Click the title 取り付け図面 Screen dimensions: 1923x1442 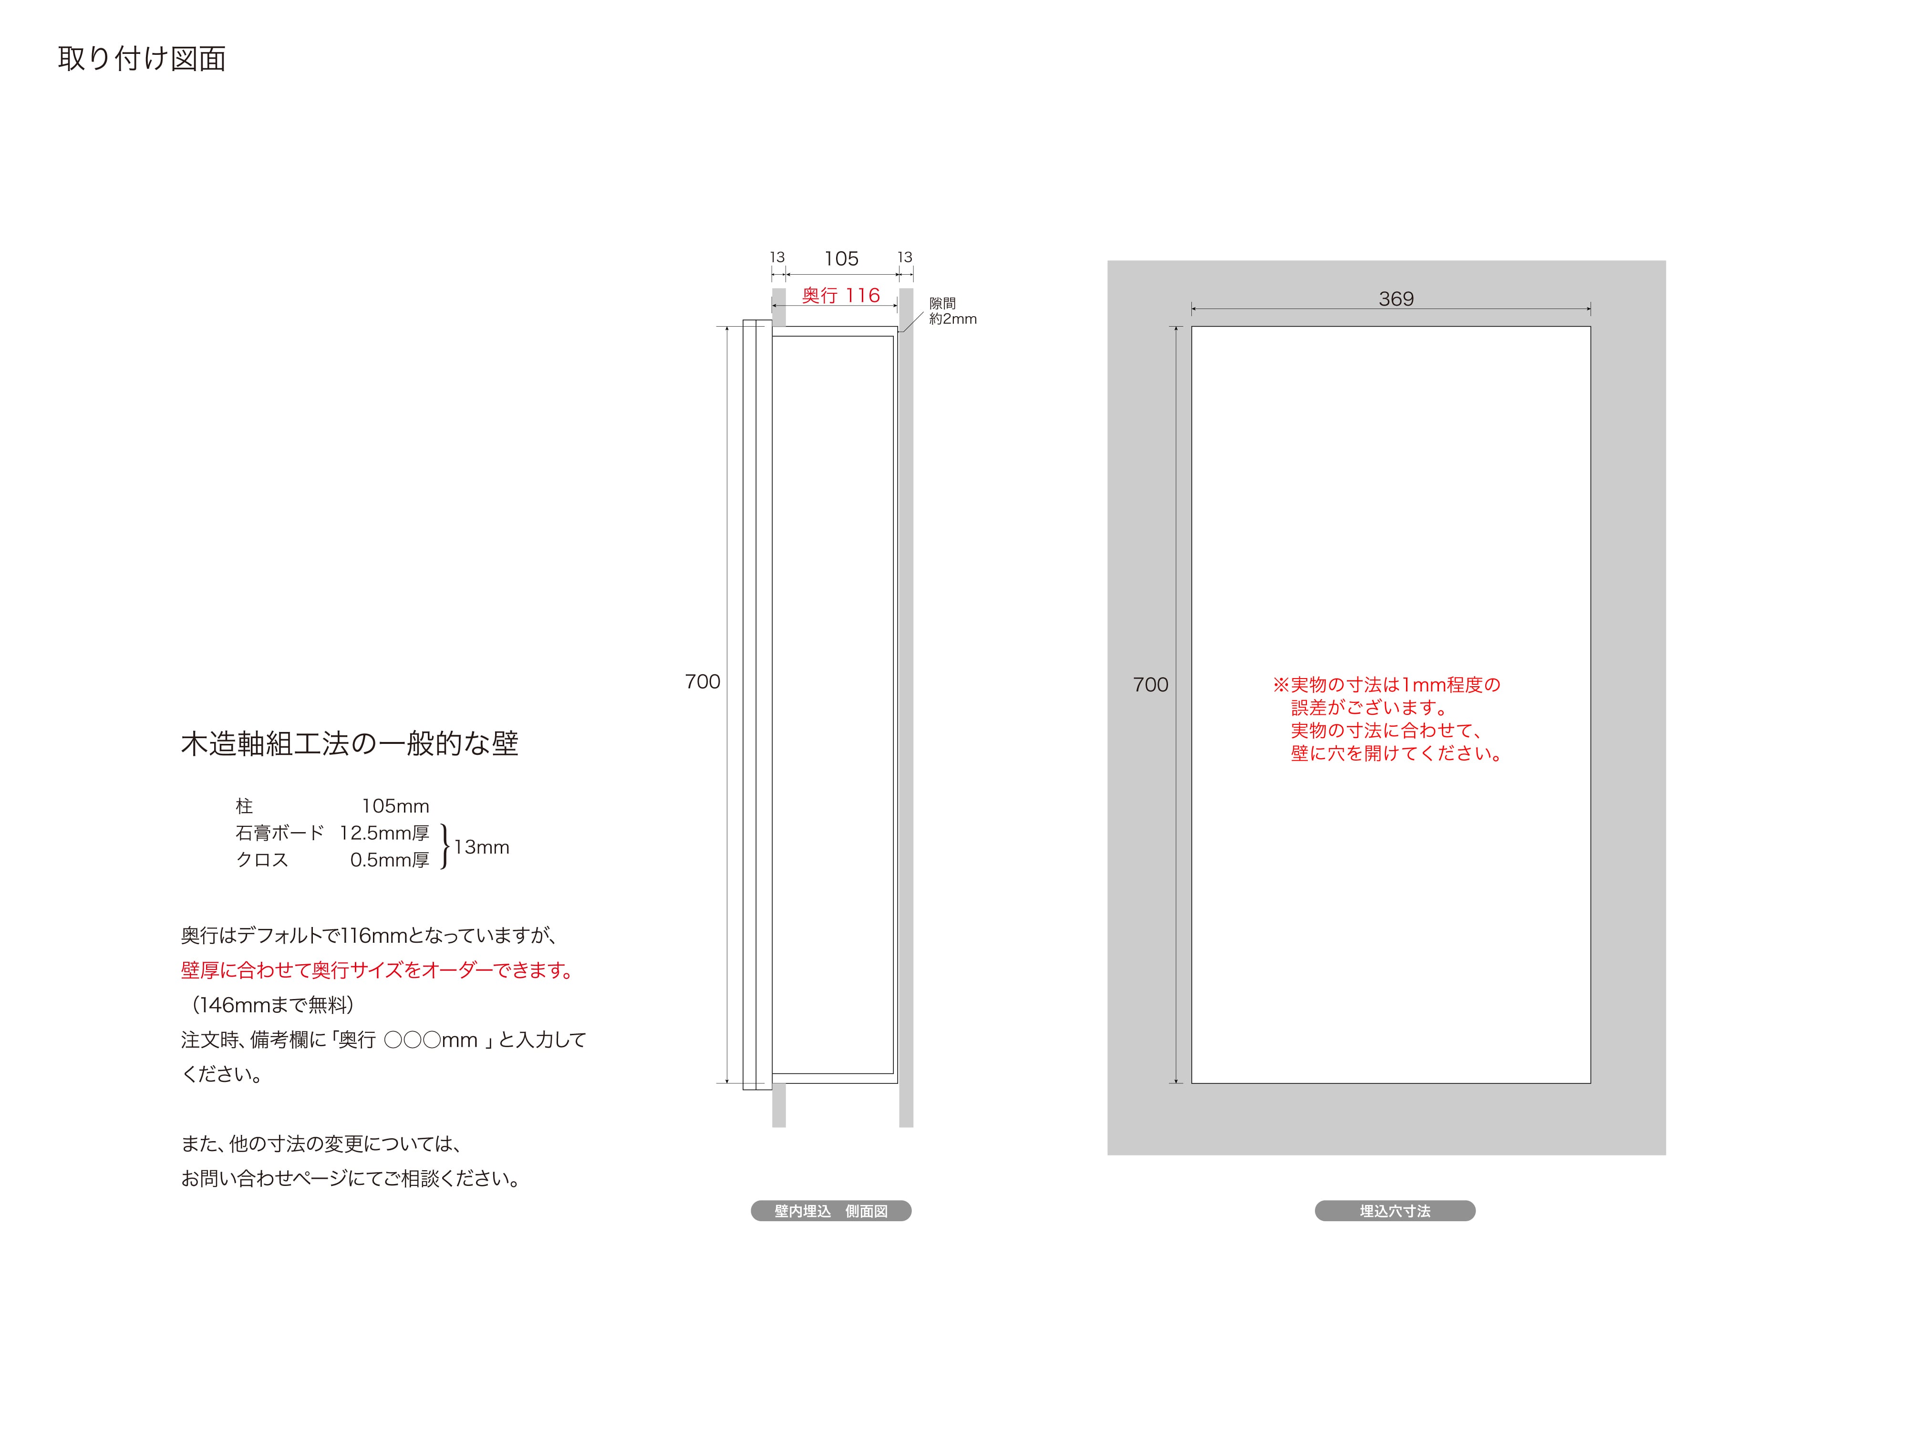[x=142, y=59]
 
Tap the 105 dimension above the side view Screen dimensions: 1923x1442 [x=841, y=259]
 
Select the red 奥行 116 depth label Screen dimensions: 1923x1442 [x=841, y=296]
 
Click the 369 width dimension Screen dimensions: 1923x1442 [x=1396, y=299]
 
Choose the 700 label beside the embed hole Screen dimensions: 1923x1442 [x=1150, y=685]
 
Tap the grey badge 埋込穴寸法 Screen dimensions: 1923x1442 [x=1395, y=1211]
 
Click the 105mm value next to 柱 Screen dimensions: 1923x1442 [x=395, y=807]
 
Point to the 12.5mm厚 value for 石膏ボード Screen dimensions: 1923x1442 [x=384, y=834]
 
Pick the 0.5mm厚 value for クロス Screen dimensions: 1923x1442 [x=390, y=861]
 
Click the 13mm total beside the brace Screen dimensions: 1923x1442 [x=482, y=847]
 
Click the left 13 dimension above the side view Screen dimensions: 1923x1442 [x=777, y=257]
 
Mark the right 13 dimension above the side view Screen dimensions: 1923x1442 [x=905, y=257]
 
